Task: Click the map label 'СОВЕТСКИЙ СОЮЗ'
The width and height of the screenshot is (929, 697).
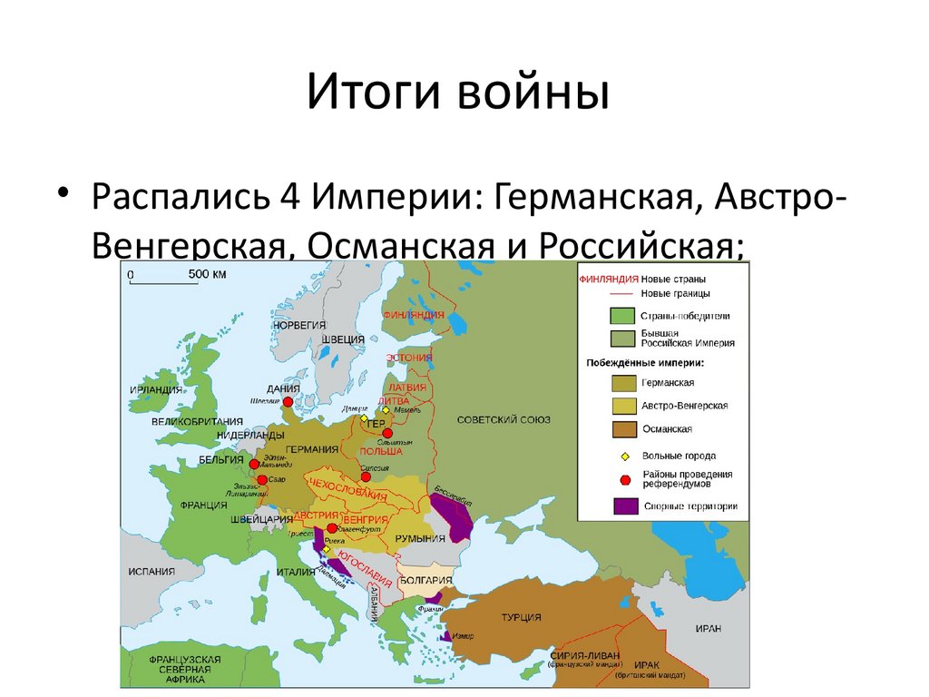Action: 504,419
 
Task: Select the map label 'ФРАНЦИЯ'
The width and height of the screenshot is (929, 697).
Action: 203,505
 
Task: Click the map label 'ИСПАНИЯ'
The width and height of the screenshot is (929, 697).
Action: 151,573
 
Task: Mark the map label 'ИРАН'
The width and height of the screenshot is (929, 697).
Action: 709,628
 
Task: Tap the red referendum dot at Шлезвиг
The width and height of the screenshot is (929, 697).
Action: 288,401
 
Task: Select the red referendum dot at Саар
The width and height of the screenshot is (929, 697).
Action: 262,479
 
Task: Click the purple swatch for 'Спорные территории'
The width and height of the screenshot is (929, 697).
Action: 624,506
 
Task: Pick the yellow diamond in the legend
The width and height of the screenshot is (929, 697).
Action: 624,456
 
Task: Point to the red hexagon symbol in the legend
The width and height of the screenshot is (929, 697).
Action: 624,479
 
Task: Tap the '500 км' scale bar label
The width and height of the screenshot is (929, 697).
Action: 207,273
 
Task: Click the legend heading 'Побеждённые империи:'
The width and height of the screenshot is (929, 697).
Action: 645,363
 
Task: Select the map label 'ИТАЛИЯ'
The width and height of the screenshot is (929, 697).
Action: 297,572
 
